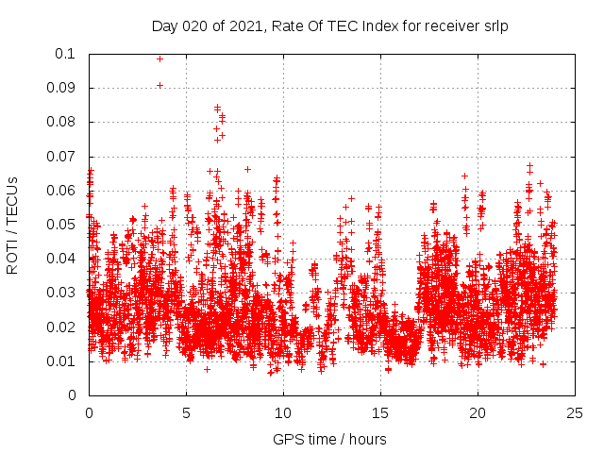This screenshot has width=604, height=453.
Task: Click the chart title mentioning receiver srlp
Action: pos(330,25)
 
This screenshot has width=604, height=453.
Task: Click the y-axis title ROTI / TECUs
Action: pos(13,225)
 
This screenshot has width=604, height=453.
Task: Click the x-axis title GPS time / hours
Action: pos(329,439)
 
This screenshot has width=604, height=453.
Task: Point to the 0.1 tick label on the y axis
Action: pos(66,54)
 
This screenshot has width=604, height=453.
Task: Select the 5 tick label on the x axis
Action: pos(186,412)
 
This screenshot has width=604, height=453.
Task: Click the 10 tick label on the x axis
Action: pos(283,412)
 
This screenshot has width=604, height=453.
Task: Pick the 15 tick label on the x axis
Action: pos(380,412)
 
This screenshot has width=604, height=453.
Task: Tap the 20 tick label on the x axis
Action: pos(478,412)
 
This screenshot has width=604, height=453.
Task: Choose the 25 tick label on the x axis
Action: pos(575,412)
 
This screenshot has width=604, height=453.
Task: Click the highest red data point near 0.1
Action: pos(159,59)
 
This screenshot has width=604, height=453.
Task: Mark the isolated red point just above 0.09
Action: pos(159,85)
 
